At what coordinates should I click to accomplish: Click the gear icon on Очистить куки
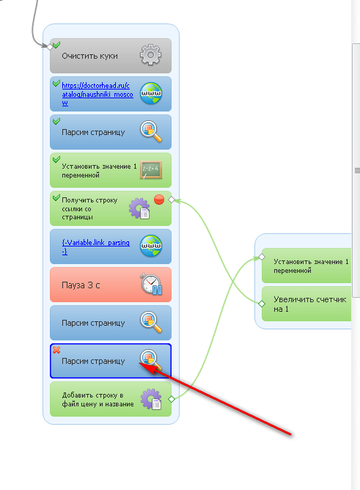[x=150, y=55]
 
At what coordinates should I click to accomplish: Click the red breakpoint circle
[x=159, y=200]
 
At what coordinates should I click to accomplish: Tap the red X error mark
[x=56, y=350]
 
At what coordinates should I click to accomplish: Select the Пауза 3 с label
[x=81, y=285]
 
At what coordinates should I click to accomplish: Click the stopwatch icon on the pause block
[x=151, y=284]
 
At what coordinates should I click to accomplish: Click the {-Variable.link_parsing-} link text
[x=95, y=246]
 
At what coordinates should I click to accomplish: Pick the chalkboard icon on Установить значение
[x=151, y=170]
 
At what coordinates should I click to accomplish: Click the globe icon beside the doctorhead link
[x=151, y=93]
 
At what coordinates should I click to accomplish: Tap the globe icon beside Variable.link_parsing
[x=151, y=246]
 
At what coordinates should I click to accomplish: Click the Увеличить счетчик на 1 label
[x=309, y=304]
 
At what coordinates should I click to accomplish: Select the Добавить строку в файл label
[x=98, y=399]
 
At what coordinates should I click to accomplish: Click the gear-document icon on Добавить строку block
[x=151, y=399]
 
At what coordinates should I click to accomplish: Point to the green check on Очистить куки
[x=56, y=45]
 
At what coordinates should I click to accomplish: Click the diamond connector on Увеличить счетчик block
[x=262, y=304]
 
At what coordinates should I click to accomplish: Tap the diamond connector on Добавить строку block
[x=172, y=399]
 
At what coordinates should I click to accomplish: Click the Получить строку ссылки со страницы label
[x=89, y=208]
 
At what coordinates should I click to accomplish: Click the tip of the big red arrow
[x=139, y=363]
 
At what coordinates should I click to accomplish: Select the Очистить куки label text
[x=89, y=56]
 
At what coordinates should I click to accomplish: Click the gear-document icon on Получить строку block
[x=139, y=208]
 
